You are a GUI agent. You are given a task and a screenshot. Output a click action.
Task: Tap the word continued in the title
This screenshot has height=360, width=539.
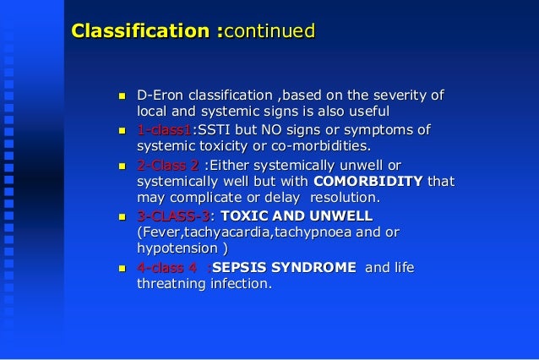tap(269, 32)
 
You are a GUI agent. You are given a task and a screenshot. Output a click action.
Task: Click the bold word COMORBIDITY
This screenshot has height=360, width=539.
tap(368, 181)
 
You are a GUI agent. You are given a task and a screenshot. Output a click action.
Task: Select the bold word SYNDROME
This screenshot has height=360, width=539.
tap(313, 268)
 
